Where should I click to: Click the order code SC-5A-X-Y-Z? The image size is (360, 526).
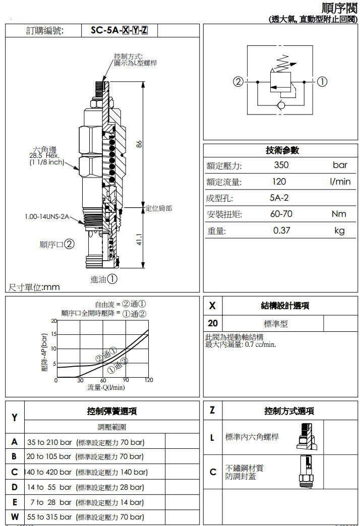[119, 31]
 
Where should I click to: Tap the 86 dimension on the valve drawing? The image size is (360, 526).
[139, 144]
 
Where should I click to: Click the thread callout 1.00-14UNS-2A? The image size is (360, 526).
[46, 217]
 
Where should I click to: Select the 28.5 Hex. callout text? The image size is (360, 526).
[44, 156]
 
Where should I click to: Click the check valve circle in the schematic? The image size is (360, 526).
[281, 105]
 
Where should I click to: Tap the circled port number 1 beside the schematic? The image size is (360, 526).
[322, 82]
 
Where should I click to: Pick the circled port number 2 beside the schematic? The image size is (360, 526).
[238, 82]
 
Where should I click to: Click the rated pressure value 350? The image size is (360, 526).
[281, 165]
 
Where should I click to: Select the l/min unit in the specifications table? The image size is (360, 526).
[340, 182]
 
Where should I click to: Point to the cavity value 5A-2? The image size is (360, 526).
[279, 198]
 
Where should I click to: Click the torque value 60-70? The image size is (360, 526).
[281, 214]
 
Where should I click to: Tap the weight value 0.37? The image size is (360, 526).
[281, 230]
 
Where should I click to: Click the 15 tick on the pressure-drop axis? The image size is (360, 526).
[53, 334]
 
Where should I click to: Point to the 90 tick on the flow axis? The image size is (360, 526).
[126, 380]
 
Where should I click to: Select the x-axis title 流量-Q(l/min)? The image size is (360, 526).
[106, 388]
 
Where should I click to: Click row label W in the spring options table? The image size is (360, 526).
[15, 516]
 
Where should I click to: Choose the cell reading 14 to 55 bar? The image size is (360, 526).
[49, 487]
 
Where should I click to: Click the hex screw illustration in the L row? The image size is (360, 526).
[306, 437]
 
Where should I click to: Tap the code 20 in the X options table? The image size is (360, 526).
[213, 323]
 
